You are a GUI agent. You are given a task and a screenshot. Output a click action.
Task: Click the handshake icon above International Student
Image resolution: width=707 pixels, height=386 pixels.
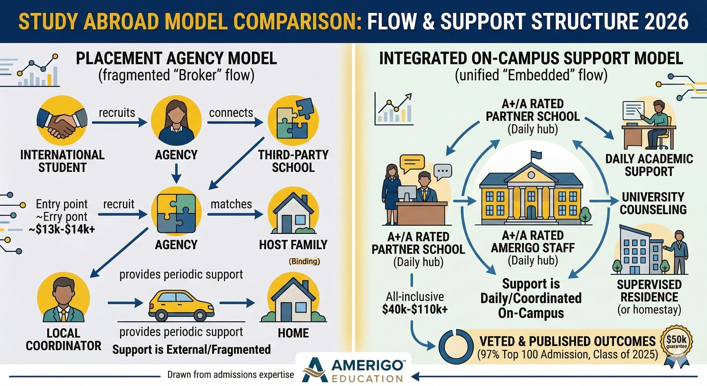pos(62,121)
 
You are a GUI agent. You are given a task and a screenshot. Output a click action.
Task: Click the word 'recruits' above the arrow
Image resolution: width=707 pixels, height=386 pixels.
pos(117,113)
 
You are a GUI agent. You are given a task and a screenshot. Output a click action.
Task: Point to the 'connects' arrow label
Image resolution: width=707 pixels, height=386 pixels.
pos(231,113)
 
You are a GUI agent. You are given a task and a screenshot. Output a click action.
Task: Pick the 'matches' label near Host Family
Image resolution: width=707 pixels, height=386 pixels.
pos(231,204)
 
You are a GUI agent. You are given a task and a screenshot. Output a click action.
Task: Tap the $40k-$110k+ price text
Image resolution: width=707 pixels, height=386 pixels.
pos(415,309)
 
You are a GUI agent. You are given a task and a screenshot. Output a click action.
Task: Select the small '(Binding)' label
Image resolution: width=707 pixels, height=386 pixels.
pos(304,261)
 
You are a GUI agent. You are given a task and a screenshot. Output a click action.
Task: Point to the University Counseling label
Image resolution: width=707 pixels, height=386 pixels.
pos(653,203)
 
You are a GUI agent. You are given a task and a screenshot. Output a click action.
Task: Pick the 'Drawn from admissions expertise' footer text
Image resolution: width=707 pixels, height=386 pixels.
pos(230,375)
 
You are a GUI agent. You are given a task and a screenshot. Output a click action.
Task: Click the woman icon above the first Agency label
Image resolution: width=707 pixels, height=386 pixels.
pos(176,121)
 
